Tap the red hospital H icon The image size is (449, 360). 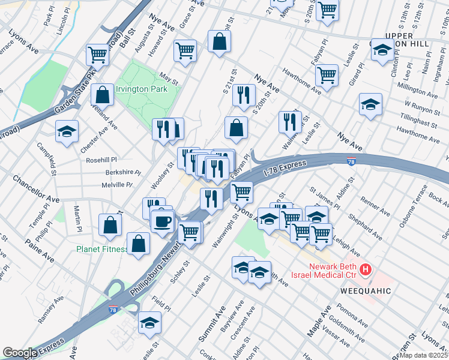[x=366, y=271]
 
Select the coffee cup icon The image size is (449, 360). [x=162, y=221]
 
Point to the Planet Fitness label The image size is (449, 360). [x=101, y=249]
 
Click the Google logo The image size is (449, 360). [x=20, y=353]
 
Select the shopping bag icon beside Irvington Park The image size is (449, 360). [x=102, y=94]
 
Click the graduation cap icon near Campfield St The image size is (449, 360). [x=67, y=131]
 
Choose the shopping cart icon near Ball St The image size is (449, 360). [x=97, y=55]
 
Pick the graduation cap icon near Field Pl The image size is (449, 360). [x=149, y=323]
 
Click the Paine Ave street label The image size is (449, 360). [x=40, y=250]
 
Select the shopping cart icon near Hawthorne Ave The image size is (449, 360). [x=327, y=75]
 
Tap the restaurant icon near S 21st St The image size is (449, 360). [x=244, y=95]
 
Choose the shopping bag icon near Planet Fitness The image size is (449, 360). [x=139, y=244]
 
